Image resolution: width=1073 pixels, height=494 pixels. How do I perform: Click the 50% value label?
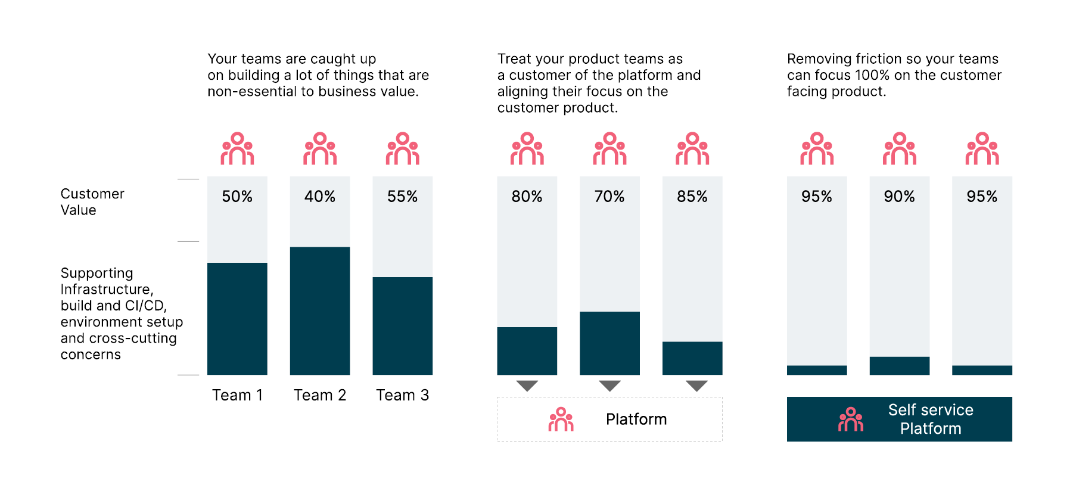pos(237,197)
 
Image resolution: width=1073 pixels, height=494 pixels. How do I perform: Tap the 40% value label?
pos(320,197)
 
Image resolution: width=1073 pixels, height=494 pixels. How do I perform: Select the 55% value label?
pos(403,197)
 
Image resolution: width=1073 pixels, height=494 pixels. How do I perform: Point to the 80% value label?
pos(527,197)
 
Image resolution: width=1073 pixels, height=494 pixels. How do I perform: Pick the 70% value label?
pos(609,197)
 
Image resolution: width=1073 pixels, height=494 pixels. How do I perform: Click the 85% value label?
pos(692,197)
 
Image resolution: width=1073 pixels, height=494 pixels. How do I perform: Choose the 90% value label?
pos(899,197)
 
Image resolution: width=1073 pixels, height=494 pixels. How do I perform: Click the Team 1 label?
pos(237,395)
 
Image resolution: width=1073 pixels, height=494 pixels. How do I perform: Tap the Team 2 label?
pos(320,395)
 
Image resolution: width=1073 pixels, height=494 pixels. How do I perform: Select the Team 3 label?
pos(403,395)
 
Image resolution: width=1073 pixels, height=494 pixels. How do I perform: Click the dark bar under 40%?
pos(320,310)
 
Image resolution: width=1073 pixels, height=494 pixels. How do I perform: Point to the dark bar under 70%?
pos(609,343)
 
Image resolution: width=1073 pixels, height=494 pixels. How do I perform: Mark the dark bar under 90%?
pos(899,366)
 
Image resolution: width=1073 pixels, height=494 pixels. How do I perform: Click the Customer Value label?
pos(92,202)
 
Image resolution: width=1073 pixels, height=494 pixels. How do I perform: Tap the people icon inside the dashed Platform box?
pos(561,420)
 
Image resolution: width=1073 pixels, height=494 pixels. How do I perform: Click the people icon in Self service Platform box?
pos(851,420)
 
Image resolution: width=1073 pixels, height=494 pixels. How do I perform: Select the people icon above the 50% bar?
pos(237,148)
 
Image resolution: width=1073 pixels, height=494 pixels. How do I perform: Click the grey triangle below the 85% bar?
pos(696,386)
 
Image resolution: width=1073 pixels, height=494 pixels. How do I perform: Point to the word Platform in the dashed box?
pos(636,420)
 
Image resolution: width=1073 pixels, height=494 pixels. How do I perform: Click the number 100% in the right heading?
pos(872,75)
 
